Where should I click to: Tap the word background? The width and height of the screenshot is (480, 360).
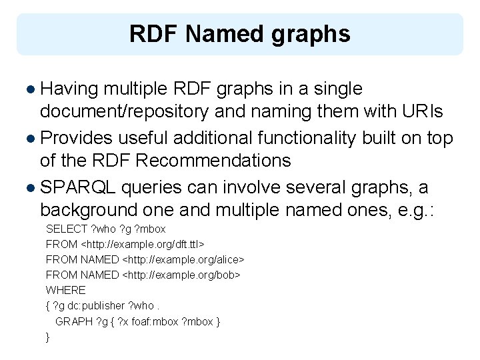coord(91,210)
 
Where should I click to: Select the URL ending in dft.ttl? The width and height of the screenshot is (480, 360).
coord(142,244)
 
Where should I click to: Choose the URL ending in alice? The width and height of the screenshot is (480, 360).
coord(184,259)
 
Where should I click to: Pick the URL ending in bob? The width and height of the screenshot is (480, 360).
coord(181,275)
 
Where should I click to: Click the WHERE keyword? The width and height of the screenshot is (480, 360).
coord(65,290)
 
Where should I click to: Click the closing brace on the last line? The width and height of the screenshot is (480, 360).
coord(47,337)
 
